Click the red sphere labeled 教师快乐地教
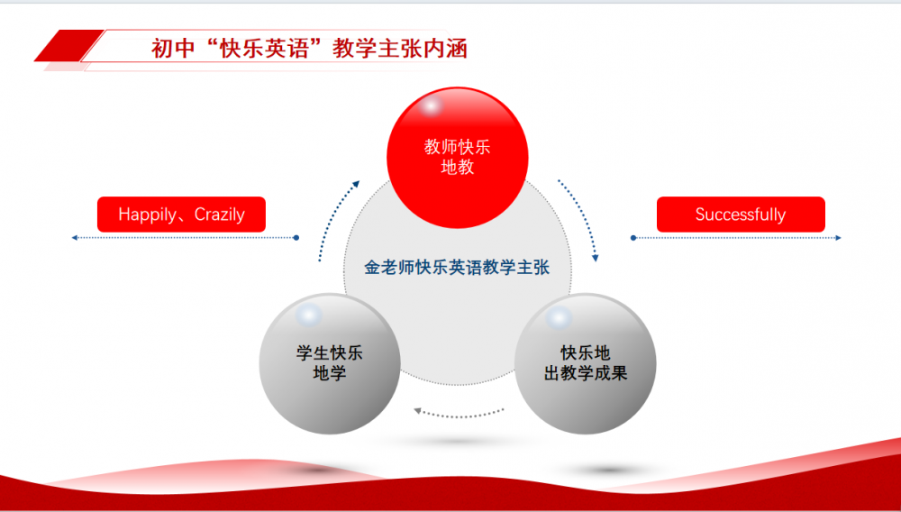pos(458,158)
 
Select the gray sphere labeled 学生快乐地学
pos(330,364)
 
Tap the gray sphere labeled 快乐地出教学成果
pos(585,364)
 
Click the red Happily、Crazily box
pos(182,215)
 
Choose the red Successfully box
pos(741,215)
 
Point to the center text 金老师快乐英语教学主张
pos(457,267)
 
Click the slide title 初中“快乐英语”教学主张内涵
pos(309,49)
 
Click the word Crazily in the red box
pos(220,215)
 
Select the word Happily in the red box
pos(147,215)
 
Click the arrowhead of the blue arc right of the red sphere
pos(596,259)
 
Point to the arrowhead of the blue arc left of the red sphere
pos(356,184)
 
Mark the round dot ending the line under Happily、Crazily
pos(296,237)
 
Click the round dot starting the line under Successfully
pos(633,237)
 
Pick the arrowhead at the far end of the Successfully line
pos(838,237)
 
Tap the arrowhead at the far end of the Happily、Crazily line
pos(74,237)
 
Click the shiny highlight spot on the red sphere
pos(431,106)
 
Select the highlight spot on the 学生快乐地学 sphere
pos(309,315)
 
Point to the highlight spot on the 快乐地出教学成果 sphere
pos(559,317)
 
